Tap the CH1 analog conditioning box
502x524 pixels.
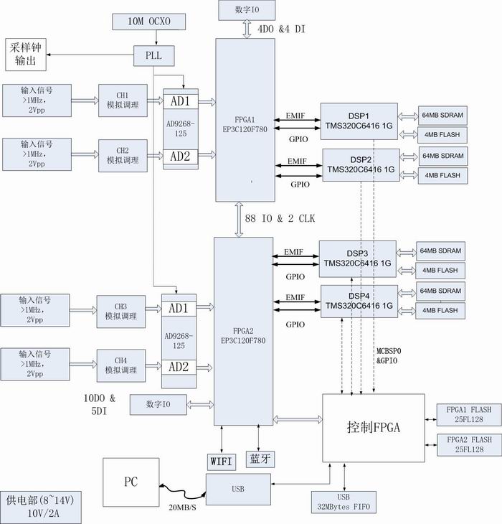click(123, 99)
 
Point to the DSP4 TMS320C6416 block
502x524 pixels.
click(359, 300)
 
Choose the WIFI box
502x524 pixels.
click(220, 460)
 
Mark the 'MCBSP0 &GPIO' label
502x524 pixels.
click(392, 355)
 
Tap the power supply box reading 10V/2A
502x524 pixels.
click(41, 505)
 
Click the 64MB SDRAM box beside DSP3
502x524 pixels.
click(440, 251)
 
